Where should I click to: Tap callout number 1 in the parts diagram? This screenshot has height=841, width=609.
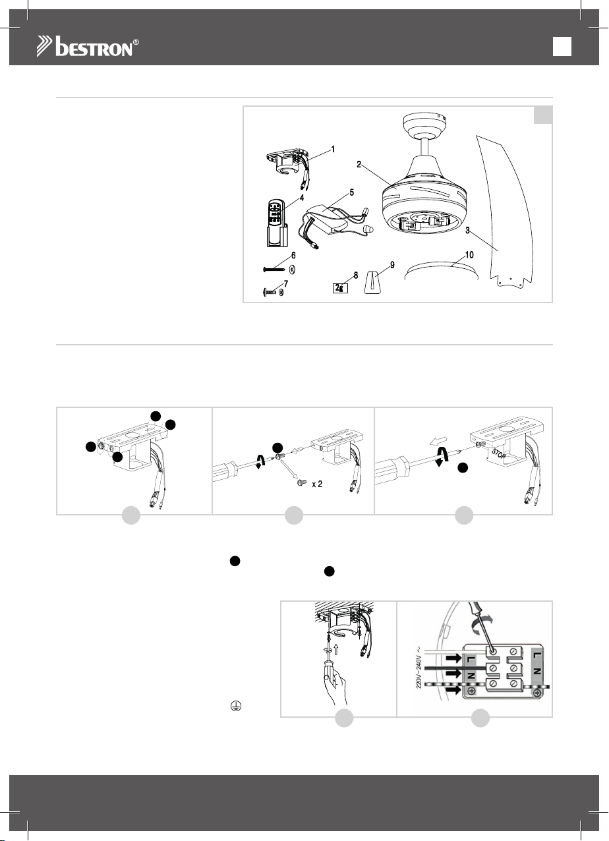point(333,150)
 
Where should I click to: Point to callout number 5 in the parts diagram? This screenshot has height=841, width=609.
point(351,192)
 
